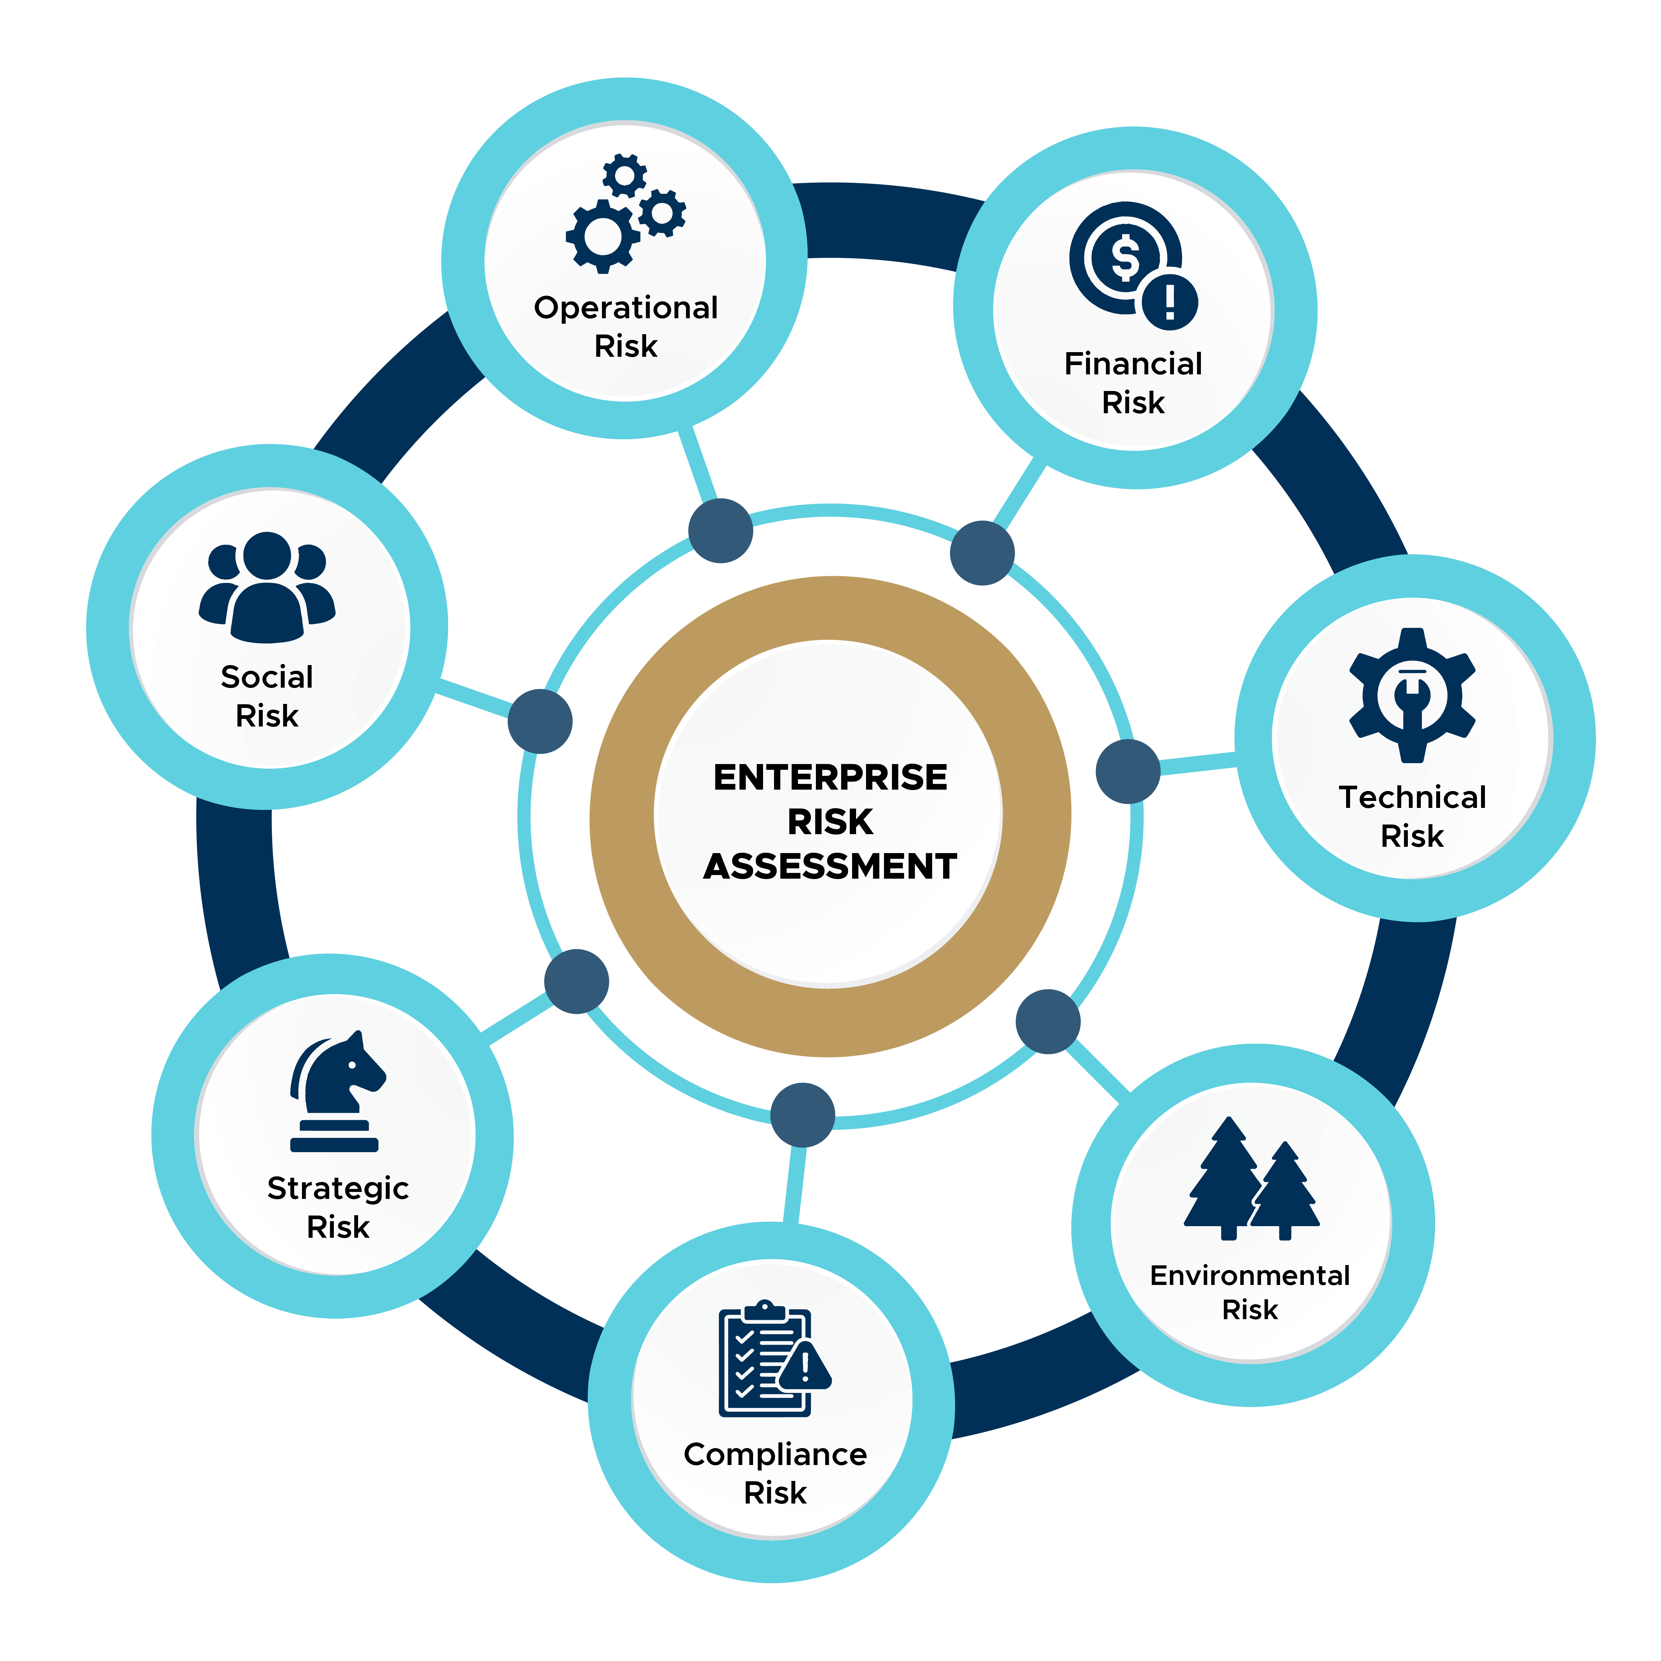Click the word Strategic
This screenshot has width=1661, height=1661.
tap(338, 1188)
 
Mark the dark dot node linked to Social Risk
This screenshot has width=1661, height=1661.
tap(540, 721)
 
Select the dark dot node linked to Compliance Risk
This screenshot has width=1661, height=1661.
tap(802, 1115)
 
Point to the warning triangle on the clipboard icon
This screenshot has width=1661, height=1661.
tap(806, 1365)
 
